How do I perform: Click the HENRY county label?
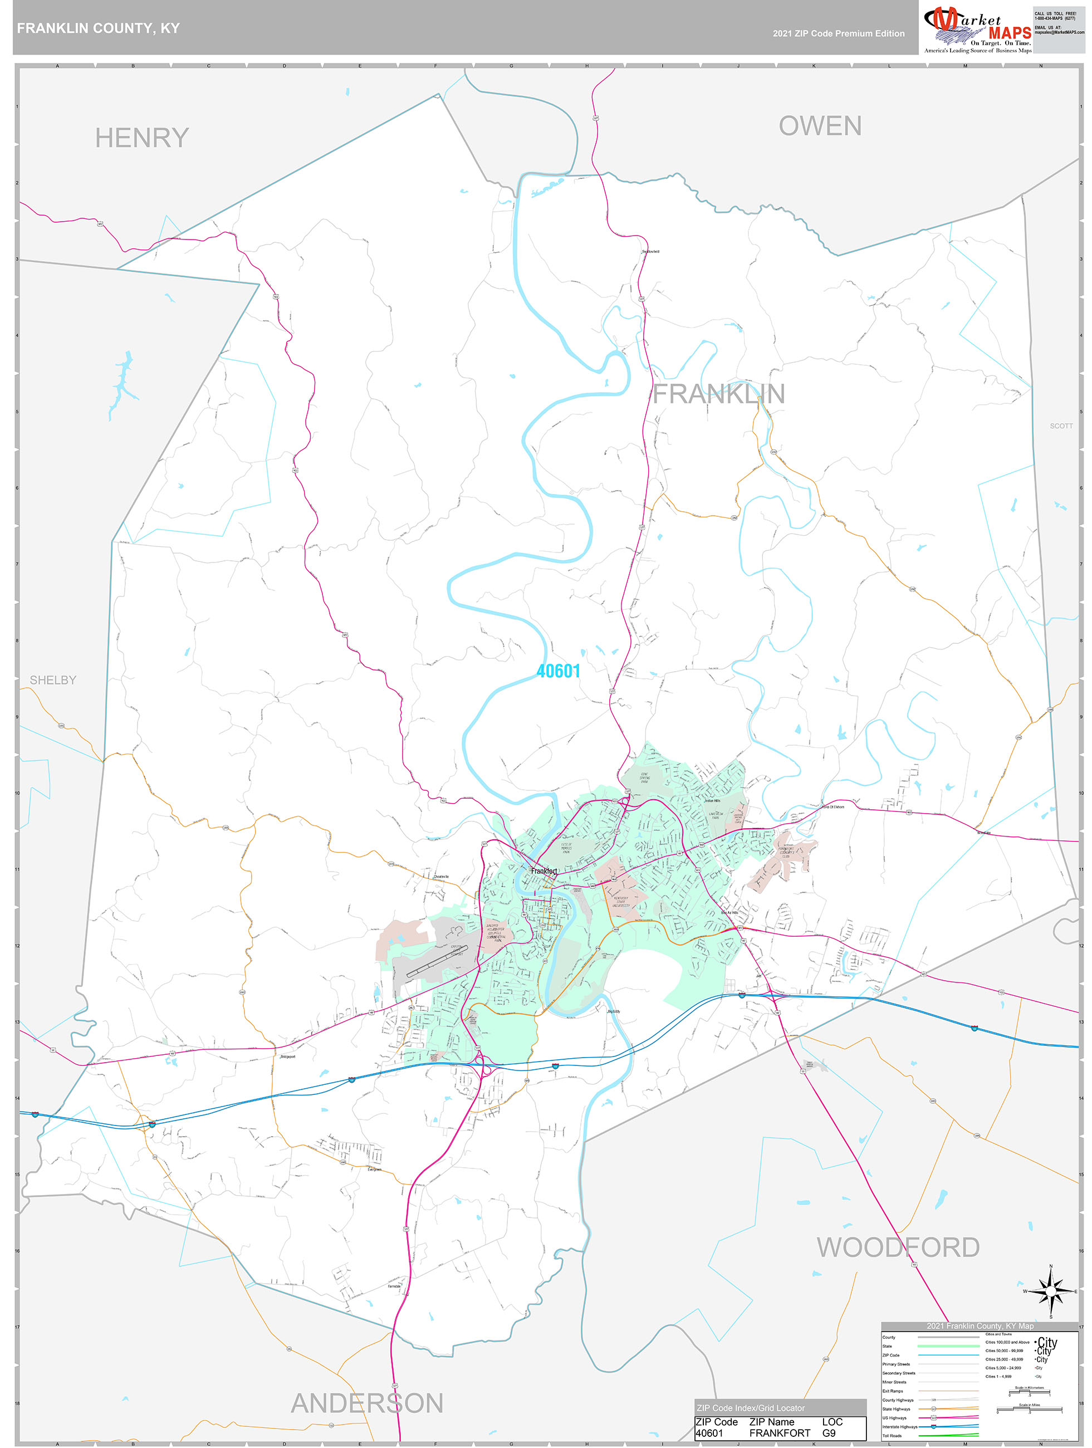pyautogui.click(x=141, y=138)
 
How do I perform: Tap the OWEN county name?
pyautogui.click(x=820, y=126)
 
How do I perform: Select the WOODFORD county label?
pyautogui.click(x=898, y=1247)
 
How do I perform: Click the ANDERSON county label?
pyautogui.click(x=366, y=1403)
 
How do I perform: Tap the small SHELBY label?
pyautogui.click(x=53, y=680)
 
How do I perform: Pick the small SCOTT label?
pyautogui.click(x=1061, y=425)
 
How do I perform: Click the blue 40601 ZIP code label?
pyautogui.click(x=558, y=671)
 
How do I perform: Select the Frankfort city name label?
pyautogui.click(x=543, y=870)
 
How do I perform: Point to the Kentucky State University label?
pyautogui.click(x=621, y=902)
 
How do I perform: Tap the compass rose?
pyautogui.click(x=1051, y=1291)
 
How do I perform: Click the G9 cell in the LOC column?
pyautogui.click(x=828, y=1433)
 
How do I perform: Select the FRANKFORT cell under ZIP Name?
pyautogui.click(x=779, y=1433)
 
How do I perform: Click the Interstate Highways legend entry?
pyautogui.click(x=900, y=1426)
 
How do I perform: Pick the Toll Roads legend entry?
pyautogui.click(x=892, y=1436)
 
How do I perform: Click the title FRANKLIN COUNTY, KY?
pyautogui.click(x=98, y=28)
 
